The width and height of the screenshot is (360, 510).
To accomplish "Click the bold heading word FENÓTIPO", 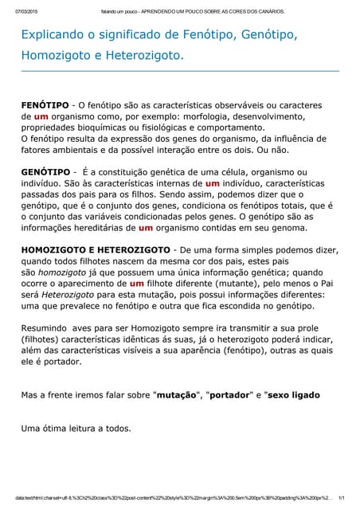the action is click(x=45, y=105).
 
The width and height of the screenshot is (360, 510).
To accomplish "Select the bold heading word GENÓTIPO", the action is click(x=45, y=171).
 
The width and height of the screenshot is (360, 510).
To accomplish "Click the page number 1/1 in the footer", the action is click(x=341, y=496).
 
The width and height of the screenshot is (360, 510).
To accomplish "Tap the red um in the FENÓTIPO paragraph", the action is click(x=41, y=116).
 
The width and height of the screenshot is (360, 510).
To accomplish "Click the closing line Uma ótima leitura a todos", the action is click(x=76, y=428).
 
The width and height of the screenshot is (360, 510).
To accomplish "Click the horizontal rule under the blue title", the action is click(x=180, y=71).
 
